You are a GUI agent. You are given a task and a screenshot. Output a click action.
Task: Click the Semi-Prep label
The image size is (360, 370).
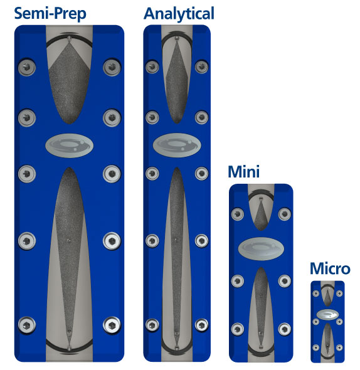click(x=50, y=14)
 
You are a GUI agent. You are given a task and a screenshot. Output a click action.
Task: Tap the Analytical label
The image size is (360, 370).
click(x=179, y=14)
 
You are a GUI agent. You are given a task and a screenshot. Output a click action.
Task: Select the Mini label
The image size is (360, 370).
click(x=243, y=172)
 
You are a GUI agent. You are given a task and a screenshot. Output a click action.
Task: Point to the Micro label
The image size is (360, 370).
click(x=330, y=269)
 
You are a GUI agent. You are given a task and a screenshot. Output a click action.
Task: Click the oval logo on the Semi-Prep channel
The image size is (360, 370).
click(x=69, y=145)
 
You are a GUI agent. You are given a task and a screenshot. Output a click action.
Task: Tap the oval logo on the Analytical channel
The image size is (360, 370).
click(x=177, y=145)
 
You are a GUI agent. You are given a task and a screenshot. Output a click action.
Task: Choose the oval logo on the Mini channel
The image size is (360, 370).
click(x=261, y=249)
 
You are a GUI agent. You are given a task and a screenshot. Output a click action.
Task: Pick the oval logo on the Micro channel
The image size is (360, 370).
click(x=327, y=314)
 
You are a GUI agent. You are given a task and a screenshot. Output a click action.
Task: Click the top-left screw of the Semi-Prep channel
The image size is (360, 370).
click(x=27, y=67)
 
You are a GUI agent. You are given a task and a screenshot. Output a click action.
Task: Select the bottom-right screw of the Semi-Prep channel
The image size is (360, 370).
click(x=112, y=325)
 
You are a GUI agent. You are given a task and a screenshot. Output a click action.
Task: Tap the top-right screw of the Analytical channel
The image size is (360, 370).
click(x=201, y=66)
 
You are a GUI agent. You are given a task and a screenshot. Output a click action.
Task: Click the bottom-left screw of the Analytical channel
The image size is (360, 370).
click(x=152, y=325)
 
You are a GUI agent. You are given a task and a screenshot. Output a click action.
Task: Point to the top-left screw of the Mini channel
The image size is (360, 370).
click(x=238, y=214)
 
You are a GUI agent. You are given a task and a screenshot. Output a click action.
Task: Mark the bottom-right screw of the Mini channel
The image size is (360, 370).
click(x=285, y=329)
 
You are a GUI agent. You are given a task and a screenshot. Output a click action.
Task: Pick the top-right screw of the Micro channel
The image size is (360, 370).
click(x=339, y=293)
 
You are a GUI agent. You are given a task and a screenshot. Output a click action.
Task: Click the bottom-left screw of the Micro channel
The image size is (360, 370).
click(x=316, y=347)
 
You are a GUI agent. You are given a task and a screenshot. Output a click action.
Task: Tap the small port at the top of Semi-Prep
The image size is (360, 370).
click(x=69, y=38)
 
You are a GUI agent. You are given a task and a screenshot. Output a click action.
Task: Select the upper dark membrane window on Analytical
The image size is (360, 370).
click(x=177, y=82)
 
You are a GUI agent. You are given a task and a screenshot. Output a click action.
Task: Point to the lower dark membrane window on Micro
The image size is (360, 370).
click(x=327, y=340)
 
